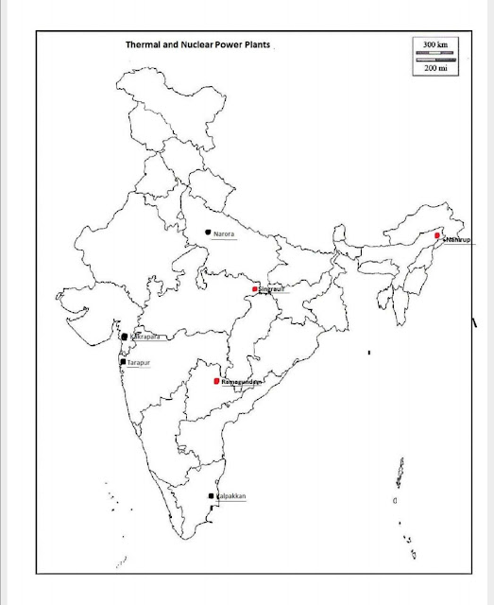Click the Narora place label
click(224, 233)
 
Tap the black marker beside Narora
click(207, 232)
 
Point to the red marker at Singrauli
click(255, 288)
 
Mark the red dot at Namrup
click(437, 235)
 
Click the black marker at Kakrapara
click(124, 337)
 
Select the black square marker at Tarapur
click(122, 362)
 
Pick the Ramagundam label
click(239, 381)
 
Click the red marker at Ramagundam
click(216, 381)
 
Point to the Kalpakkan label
click(231, 496)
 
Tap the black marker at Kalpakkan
click(211, 496)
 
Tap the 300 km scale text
click(434, 44)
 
